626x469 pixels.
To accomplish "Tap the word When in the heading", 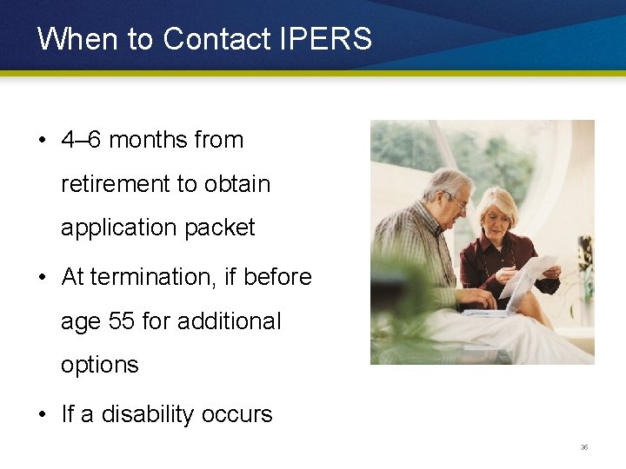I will [70, 39].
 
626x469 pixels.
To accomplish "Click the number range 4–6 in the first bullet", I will [82, 140].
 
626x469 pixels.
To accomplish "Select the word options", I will [100, 366].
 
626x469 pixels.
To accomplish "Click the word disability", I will [151, 414].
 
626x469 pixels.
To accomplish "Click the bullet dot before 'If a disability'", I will [43, 414].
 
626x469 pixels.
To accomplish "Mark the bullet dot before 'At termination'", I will [43, 278].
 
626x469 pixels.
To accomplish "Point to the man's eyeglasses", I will [456, 201].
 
